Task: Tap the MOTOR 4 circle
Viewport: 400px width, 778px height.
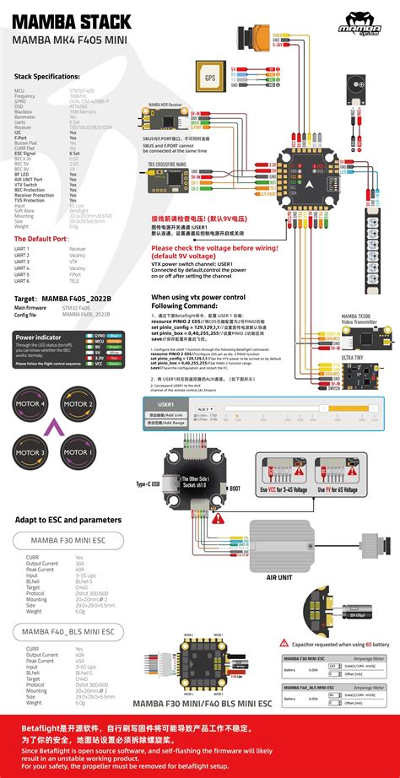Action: click(31, 405)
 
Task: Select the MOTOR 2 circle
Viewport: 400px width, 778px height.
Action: click(78, 405)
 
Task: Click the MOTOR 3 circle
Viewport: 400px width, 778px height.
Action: click(31, 451)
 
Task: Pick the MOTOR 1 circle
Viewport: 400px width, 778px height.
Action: click(78, 451)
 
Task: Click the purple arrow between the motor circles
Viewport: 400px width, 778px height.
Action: click(55, 428)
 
